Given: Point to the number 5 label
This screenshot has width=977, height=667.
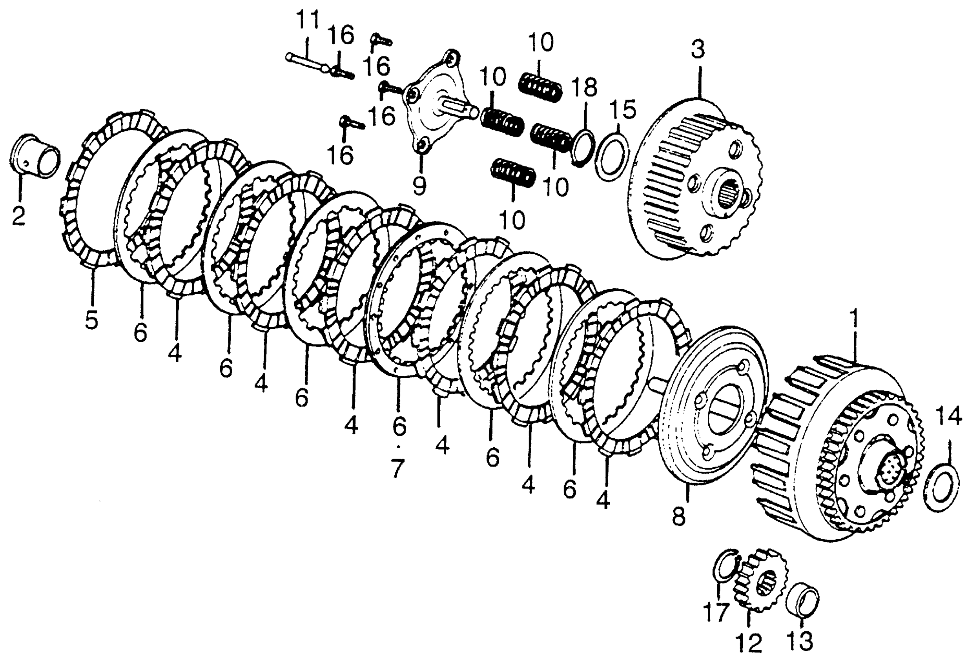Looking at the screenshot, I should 91,320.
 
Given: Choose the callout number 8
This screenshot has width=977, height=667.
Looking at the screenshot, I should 679,517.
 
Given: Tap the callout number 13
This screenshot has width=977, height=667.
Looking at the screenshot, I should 799,641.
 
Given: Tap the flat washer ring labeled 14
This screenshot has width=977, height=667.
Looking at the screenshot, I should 942,487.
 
